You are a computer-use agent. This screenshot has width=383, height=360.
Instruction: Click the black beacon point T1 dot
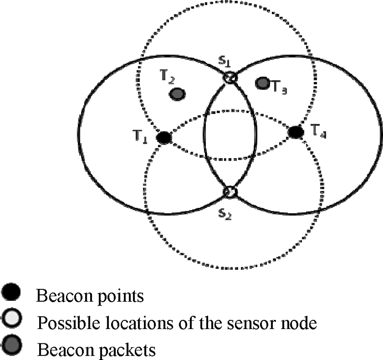[163, 138]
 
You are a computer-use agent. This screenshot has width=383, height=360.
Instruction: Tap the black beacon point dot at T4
[295, 132]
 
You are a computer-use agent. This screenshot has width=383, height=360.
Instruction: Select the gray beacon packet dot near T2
[177, 94]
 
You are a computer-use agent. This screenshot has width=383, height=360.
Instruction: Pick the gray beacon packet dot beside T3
[262, 83]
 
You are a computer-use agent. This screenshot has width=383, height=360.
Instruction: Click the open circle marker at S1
[230, 78]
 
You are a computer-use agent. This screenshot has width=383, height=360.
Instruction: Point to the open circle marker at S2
[230, 192]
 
